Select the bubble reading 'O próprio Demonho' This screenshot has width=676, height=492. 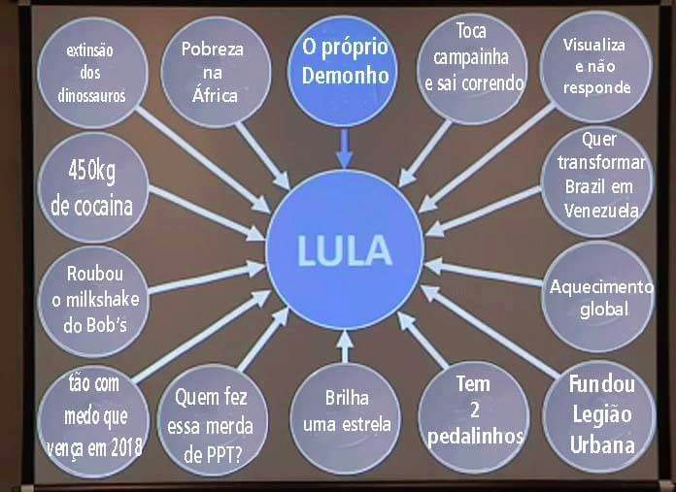[x=344, y=63]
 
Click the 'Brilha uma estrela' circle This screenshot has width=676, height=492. [x=347, y=411]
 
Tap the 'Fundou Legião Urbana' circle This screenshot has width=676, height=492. [x=601, y=414]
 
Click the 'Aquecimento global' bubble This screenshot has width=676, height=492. [x=602, y=298]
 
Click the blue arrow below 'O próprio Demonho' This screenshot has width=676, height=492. [x=344, y=146]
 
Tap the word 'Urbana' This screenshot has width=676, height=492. [x=602, y=446]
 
